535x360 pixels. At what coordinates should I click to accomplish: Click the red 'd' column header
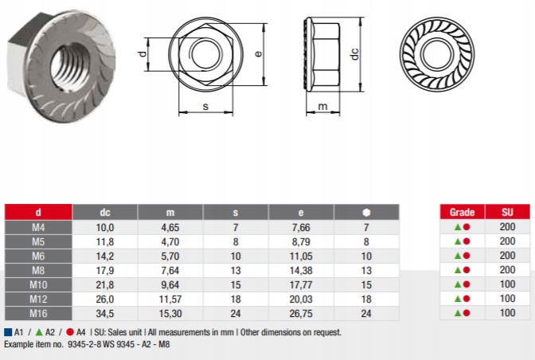pyautogui.click(x=38, y=212)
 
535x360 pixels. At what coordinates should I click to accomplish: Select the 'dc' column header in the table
pyautogui.click(x=105, y=212)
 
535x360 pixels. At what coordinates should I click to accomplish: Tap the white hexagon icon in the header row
pyautogui.click(x=366, y=212)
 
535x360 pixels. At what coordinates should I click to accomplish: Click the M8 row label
pyautogui.click(x=38, y=270)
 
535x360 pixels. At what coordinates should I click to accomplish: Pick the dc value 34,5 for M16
pyautogui.click(x=105, y=313)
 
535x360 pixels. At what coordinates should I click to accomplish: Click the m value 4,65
pyautogui.click(x=170, y=227)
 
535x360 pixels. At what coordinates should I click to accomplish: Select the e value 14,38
pyautogui.click(x=301, y=270)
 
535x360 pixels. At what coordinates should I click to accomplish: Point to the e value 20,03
pyautogui.click(x=301, y=299)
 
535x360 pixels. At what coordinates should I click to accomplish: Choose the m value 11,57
pyautogui.click(x=170, y=299)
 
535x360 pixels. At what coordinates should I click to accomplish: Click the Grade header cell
pyautogui.click(x=463, y=212)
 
